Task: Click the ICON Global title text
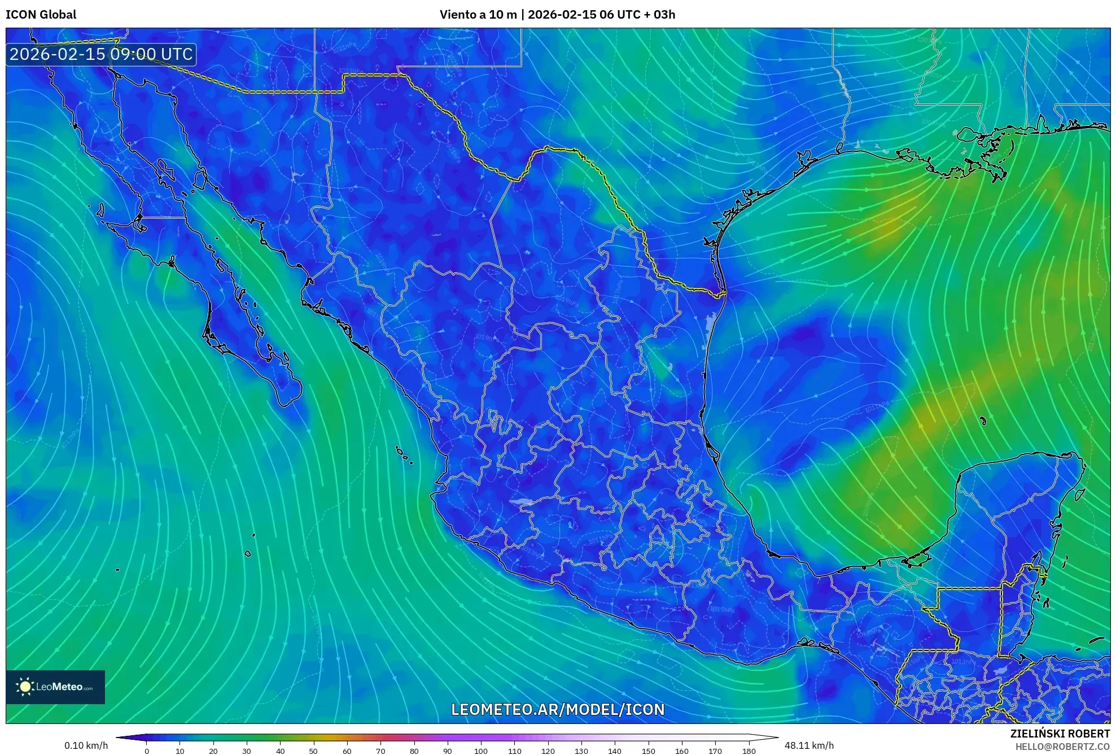[x=41, y=15]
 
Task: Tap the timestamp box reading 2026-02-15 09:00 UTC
[x=101, y=54]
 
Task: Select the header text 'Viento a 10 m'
[x=478, y=15]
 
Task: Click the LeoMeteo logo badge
[x=55, y=687]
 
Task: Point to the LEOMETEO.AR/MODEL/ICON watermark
[x=558, y=709]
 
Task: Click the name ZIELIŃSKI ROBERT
[x=1060, y=734]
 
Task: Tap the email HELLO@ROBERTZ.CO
[x=1062, y=747]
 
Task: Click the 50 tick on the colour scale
[x=313, y=750]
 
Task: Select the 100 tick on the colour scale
[x=480, y=750]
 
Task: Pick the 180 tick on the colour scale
[x=749, y=750]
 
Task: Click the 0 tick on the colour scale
[x=147, y=750]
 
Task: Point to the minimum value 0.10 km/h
[x=86, y=745]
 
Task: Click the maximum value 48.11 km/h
[x=809, y=745]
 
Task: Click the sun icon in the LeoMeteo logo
[x=25, y=687]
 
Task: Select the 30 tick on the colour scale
[x=247, y=750]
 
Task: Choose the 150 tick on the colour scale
[x=648, y=750]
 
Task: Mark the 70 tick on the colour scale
[x=380, y=750]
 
